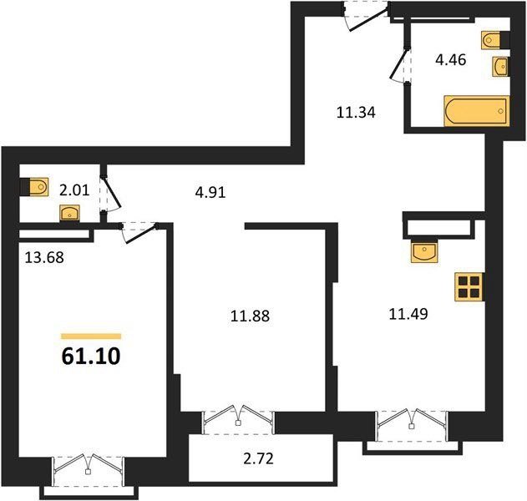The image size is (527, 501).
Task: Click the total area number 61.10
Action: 91,357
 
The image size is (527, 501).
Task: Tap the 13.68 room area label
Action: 44,258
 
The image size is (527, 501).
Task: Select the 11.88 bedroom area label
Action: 250,316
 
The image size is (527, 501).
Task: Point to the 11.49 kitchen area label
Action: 408,314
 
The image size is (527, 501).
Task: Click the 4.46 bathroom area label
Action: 451,60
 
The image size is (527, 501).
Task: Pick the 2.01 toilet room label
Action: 74,190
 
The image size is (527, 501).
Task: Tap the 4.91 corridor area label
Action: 210,193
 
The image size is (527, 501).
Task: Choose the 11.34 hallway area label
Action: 356,113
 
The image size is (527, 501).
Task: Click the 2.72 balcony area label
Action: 258,458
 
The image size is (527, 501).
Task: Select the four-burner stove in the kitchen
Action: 469,287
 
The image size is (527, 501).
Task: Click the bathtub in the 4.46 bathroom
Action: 477,111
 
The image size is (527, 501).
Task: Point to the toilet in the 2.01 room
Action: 34,187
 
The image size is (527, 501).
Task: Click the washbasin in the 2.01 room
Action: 69,213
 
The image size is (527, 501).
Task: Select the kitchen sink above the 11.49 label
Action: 424,251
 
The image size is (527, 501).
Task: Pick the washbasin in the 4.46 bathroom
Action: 500,67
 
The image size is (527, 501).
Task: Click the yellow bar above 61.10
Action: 91,337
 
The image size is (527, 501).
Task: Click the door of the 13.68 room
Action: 139,232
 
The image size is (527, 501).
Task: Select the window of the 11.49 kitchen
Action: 412,426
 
